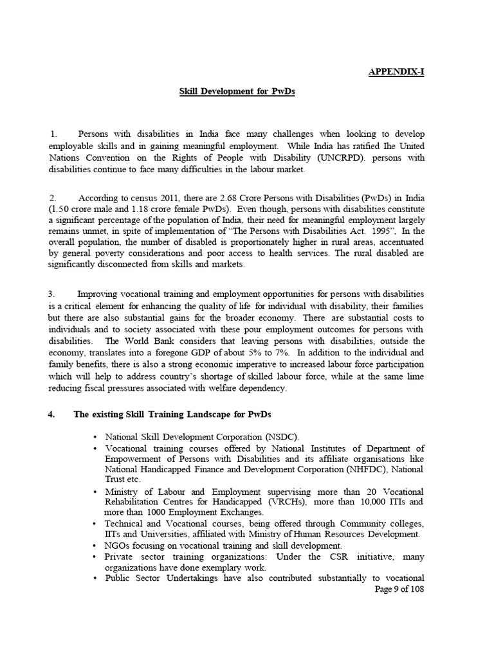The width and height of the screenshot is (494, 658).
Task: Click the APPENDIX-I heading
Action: tap(395, 72)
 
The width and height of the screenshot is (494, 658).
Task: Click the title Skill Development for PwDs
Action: tap(237, 92)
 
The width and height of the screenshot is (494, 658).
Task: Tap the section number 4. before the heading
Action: tap(52, 414)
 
